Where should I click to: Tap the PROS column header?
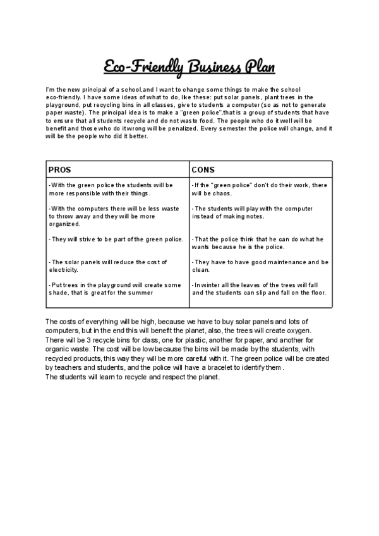pos(60,170)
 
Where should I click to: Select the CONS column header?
pos(203,170)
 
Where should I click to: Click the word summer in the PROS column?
pos(141,293)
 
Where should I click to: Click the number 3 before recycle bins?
pos(85,340)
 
